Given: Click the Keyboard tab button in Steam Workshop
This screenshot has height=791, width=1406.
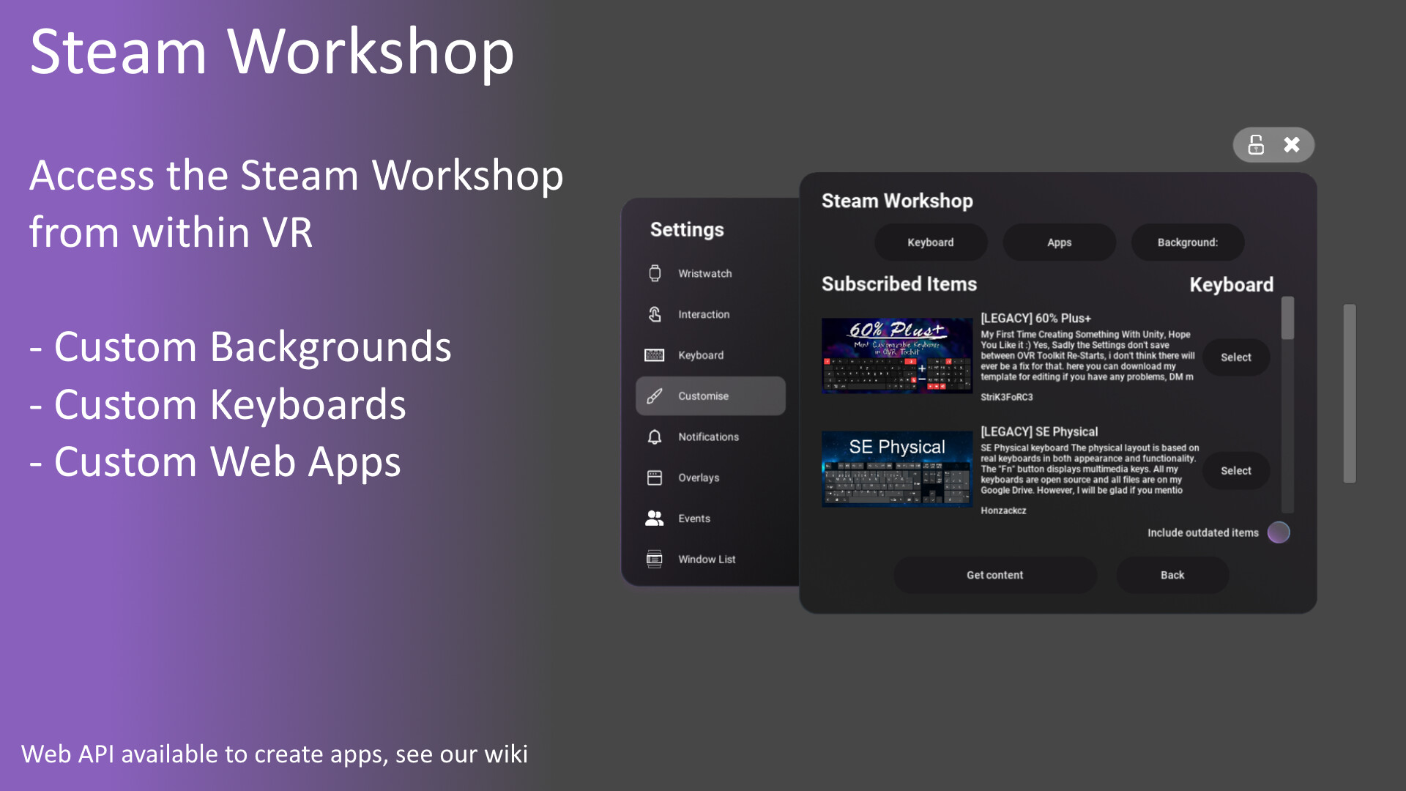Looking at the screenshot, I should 930,242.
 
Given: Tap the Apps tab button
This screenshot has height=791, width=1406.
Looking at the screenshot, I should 1059,242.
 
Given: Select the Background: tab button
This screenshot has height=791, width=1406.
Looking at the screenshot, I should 1187,242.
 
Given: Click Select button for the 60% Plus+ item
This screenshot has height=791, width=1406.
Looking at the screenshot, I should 1235,357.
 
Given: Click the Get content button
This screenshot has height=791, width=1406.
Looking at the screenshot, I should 994,575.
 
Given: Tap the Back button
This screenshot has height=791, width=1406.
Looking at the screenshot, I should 1172,575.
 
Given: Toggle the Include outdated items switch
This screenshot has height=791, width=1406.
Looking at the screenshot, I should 1278,532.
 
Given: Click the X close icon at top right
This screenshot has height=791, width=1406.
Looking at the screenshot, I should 1292,145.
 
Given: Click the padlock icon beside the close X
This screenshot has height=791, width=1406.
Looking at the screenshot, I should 1256,145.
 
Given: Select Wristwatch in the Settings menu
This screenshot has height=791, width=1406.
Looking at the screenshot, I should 704,273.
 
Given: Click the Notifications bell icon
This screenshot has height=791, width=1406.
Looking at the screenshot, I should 655,437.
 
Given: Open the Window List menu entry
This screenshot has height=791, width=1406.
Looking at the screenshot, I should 706,560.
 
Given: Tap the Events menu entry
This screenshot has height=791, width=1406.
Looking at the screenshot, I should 693,519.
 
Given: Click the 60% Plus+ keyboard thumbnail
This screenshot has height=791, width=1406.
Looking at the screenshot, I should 896,356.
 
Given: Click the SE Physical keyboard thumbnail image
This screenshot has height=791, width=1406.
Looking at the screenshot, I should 896,469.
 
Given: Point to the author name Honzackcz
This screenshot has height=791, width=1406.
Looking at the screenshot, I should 1003,510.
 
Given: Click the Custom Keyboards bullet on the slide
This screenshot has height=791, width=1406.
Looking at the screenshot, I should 229,404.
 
